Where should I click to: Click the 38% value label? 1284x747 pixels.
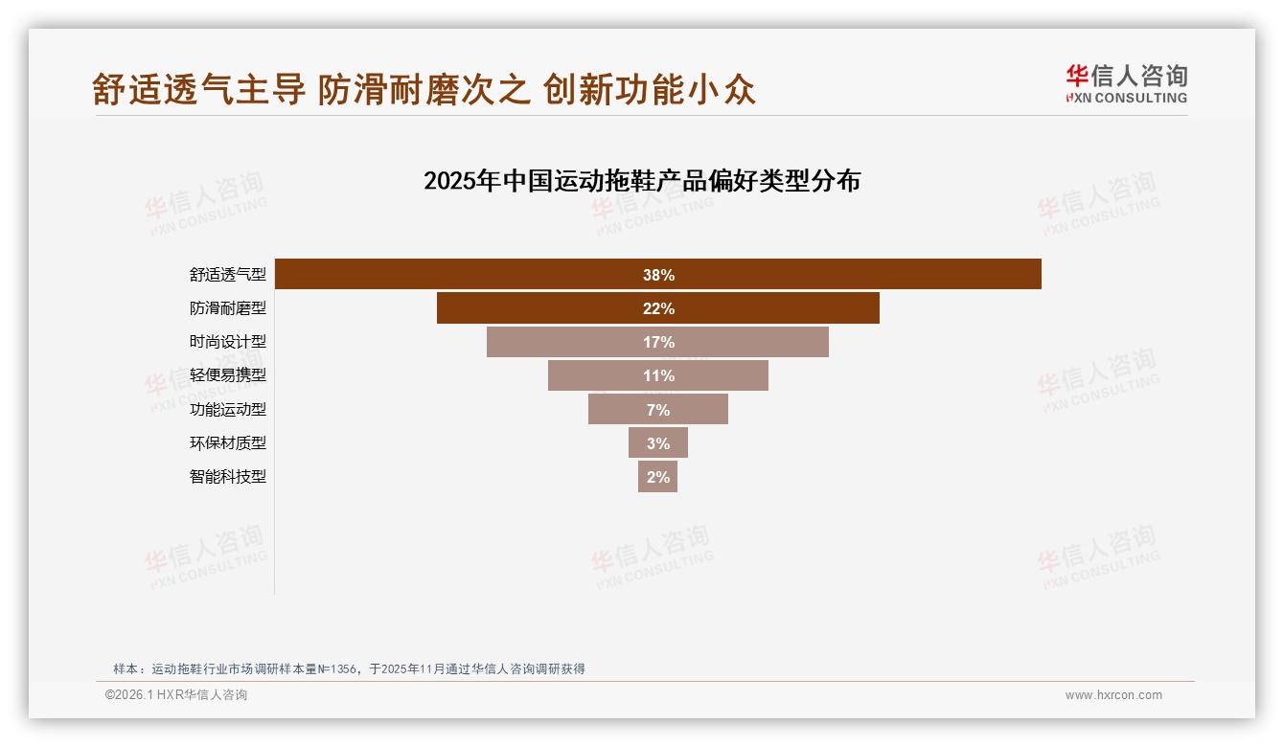[658, 275]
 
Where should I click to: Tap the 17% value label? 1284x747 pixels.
[658, 342]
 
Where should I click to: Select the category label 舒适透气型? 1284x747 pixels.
[227, 275]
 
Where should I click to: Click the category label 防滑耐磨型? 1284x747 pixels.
[227, 308]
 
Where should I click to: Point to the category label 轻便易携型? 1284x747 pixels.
[227, 375]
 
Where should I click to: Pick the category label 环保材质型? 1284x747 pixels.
[227, 442]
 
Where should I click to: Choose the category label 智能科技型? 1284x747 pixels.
[227, 476]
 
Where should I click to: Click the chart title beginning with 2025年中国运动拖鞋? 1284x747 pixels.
[642, 181]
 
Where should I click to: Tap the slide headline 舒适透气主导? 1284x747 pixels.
[198, 89]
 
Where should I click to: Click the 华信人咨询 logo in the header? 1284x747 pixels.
[1126, 83]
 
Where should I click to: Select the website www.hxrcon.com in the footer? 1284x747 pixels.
[1113, 695]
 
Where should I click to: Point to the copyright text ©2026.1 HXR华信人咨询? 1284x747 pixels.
[176, 695]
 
